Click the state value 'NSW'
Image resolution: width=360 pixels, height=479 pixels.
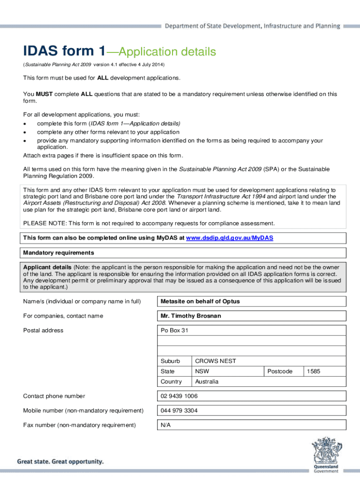[x=202, y=371]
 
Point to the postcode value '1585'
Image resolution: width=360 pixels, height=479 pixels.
[x=313, y=371]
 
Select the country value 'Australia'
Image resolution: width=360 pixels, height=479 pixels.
[x=207, y=382]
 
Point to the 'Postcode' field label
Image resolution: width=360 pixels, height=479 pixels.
[x=280, y=371]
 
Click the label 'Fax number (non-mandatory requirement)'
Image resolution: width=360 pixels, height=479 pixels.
[x=79, y=425]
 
